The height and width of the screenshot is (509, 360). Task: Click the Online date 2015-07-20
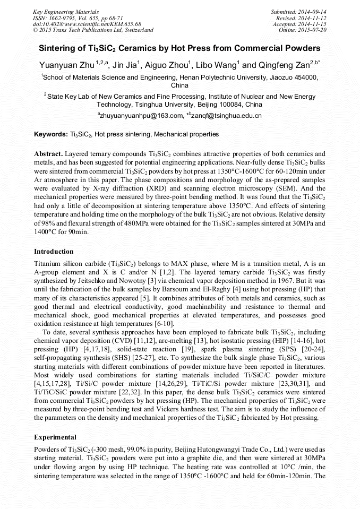pos(313,30)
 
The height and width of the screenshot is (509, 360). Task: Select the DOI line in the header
pos(87,24)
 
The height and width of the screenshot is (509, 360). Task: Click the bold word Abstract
pos(48,153)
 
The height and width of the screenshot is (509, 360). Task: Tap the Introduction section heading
pos(54,251)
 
